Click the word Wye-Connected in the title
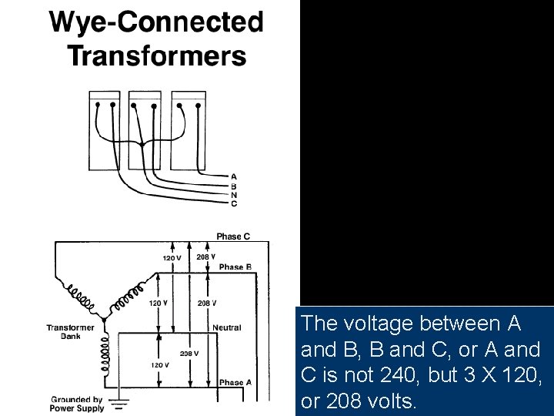coord(156,22)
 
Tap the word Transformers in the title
coord(156,55)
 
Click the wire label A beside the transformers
coord(234,176)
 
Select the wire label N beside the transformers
coord(234,194)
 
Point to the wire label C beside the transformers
coord(234,203)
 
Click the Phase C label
coord(233,237)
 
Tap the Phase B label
coord(235,267)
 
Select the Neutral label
coord(227,328)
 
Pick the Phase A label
coord(235,382)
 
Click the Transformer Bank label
coord(70,332)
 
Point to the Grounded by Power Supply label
coord(77,404)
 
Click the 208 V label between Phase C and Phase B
coord(206,257)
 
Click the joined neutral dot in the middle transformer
coord(142,143)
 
